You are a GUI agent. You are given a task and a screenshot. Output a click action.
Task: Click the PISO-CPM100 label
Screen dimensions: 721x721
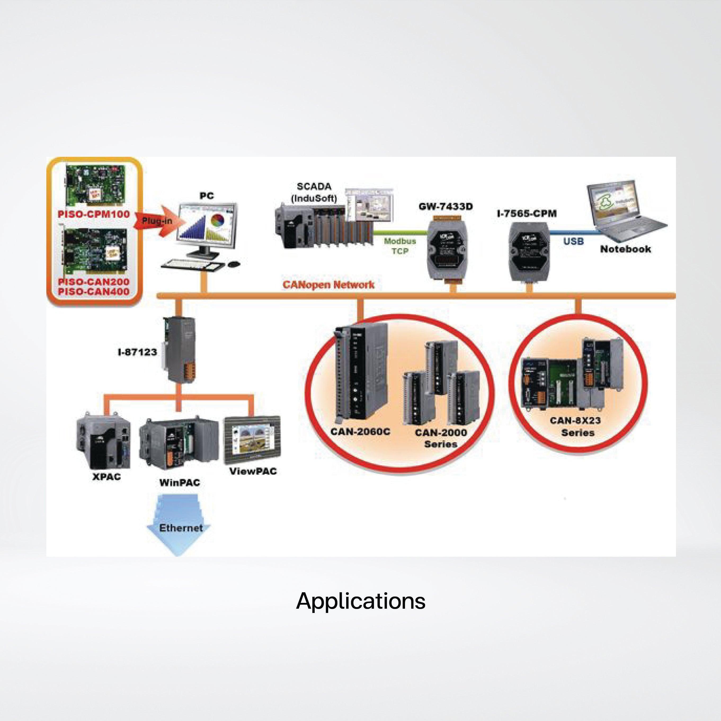click(94, 214)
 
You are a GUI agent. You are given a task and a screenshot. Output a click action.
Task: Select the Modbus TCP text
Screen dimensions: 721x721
click(400, 246)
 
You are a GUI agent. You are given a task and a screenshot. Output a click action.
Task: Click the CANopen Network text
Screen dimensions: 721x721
click(328, 285)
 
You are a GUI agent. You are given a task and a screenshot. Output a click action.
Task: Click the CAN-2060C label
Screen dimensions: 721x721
click(360, 432)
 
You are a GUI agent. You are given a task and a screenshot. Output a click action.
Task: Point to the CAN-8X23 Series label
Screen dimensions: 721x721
click(576, 426)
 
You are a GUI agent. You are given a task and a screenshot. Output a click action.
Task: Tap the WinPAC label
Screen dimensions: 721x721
click(180, 483)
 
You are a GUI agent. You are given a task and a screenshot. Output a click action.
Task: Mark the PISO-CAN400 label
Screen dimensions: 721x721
click(94, 292)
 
